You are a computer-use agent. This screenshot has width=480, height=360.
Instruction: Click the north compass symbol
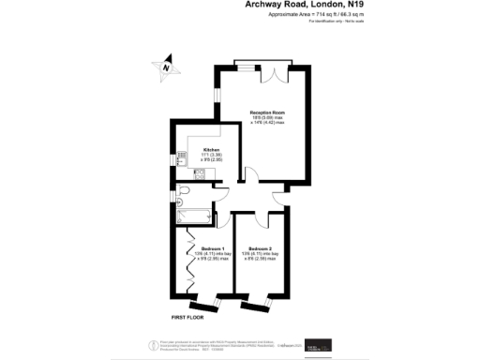pos(164,67)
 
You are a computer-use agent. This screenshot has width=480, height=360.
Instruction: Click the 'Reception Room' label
pos(267,112)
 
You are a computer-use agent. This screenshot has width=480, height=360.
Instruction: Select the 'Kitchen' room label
pos(213,150)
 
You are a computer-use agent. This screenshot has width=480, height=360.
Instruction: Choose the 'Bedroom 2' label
pos(260,247)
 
